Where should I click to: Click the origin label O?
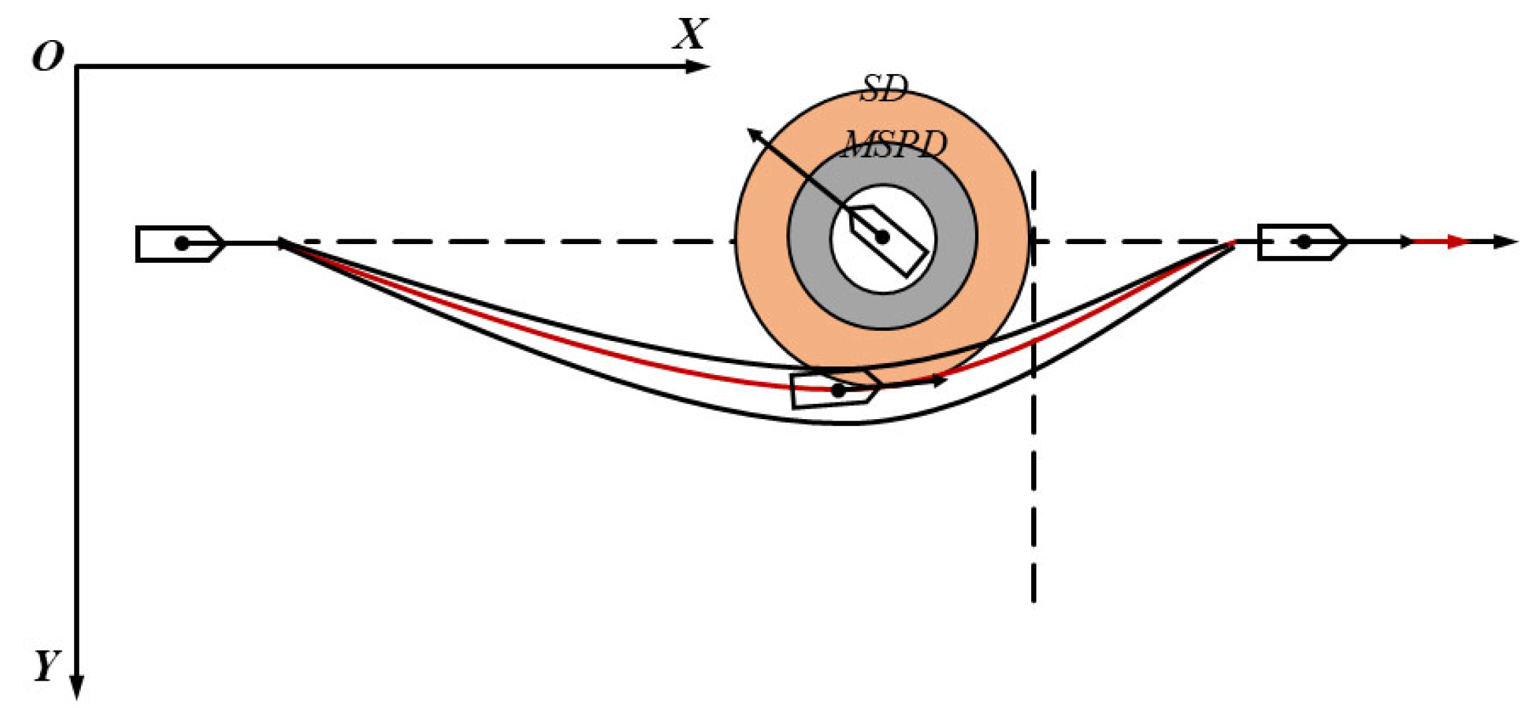(48, 57)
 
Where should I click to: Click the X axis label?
(689, 34)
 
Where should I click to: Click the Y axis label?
(47, 666)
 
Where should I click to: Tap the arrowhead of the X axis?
(699, 66)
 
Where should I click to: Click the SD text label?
(884, 89)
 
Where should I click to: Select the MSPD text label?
(895, 144)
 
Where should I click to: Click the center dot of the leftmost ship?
(182, 243)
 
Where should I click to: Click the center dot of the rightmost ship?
(1304, 242)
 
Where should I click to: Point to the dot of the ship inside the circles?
(882, 237)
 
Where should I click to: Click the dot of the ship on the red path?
(838, 390)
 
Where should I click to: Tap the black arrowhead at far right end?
(1507, 241)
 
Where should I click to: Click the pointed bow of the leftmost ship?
(223, 243)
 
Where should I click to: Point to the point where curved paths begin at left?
(280, 241)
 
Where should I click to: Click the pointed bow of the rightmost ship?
(1345, 242)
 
